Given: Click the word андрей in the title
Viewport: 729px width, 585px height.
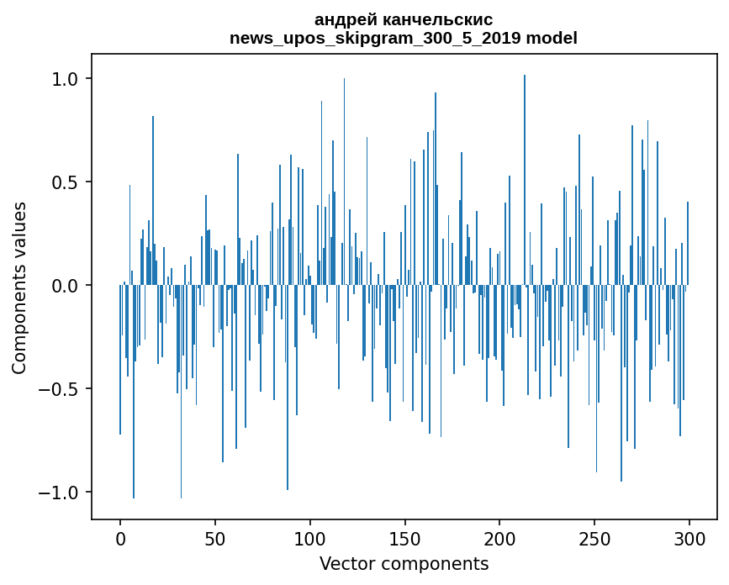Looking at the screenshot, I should pyautogui.click(x=343, y=20).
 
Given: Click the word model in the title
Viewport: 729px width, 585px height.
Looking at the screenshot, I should pyautogui.click(x=552, y=39).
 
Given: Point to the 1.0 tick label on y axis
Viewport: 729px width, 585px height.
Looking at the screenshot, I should pyautogui.click(x=66, y=79).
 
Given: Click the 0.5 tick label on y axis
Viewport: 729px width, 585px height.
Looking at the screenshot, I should pyautogui.click(x=66, y=182).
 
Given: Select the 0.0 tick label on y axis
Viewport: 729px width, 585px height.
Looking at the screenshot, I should pyautogui.click(x=66, y=286).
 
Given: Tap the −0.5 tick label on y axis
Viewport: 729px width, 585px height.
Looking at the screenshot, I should pyautogui.click(x=60, y=389).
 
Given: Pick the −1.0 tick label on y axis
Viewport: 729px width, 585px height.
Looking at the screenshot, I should pyautogui.click(x=60, y=493).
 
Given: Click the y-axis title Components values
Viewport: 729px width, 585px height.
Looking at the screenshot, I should pyautogui.click(x=19, y=287).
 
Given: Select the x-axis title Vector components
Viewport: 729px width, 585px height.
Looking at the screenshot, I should pyautogui.click(x=404, y=564).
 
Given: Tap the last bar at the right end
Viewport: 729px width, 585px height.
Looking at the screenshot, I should pyautogui.click(x=688, y=244).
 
